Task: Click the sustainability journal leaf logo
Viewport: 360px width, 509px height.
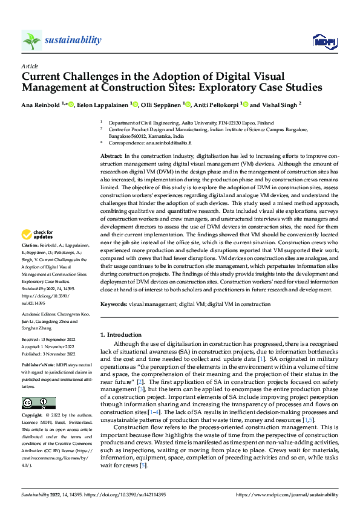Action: [x=31, y=41]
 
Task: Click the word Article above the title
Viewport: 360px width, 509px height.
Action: [x=29, y=66]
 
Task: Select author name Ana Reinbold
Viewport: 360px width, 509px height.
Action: [x=41, y=105]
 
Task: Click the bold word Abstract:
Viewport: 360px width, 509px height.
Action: [x=111, y=156]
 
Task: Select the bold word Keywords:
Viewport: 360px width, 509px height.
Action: [x=113, y=305]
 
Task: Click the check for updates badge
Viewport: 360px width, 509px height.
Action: [x=37, y=235]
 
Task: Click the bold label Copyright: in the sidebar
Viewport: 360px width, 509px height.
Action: [x=33, y=417]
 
